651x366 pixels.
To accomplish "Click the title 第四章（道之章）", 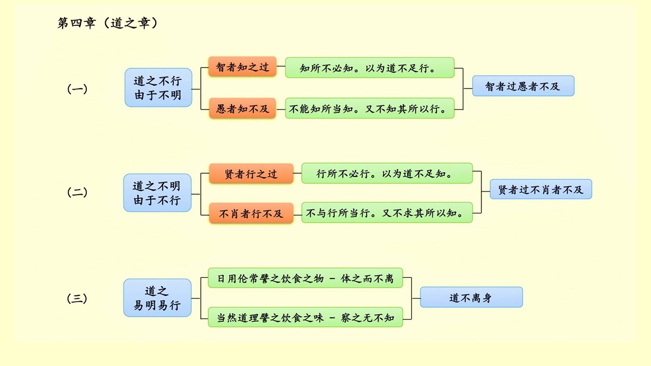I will [x=108, y=23].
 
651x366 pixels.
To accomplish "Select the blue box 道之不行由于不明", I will [x=158, y=87].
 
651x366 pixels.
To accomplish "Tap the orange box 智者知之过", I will [x=243, y=67].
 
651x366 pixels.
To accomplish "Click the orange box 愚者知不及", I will [x=243, y=108].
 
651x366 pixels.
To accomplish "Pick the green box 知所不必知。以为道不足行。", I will [x=369, y=68].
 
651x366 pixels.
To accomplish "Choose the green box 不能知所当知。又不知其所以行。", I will [x=369, y=108].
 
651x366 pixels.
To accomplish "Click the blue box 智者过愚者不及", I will [x=523, y=86].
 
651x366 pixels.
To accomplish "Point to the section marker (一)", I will [x=77, y=89].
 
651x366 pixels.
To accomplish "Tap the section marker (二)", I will [x=77, y=193].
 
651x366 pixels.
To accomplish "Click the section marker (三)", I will [x=77, y=299].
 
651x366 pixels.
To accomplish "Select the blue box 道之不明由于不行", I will [x=157, y=193].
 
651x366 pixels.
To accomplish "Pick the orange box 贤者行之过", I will [x=251, y=174].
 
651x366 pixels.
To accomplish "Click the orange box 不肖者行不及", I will [x=251, y=213].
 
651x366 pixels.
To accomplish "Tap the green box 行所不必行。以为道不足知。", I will [x=387, y=173].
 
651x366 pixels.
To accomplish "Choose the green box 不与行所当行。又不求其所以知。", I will [x=387, y=213].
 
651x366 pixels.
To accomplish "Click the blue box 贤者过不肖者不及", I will [x=541, y=189].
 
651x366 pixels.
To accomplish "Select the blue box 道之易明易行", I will [x=157, y=298].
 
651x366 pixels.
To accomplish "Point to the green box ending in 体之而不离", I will [x=305, y=278].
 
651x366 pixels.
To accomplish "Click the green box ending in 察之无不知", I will [x=305, y=317].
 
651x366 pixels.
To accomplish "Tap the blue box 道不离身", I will [x=471, y=297].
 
